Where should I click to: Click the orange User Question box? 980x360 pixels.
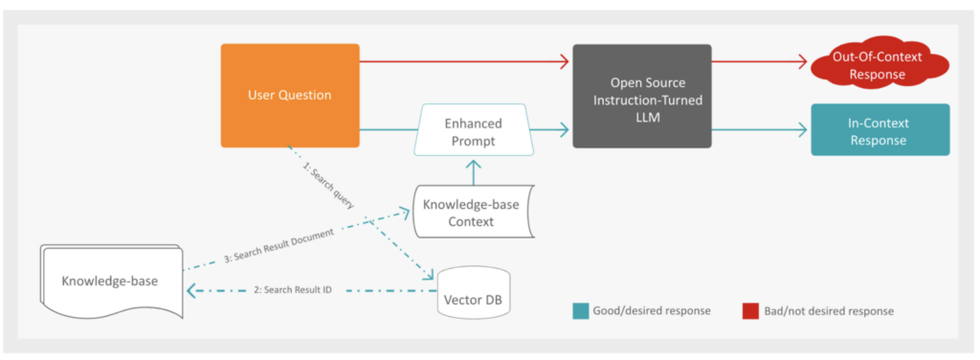point(290,95)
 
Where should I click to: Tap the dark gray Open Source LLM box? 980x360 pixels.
point(641,95)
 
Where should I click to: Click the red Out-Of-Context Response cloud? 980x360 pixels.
point(879,66)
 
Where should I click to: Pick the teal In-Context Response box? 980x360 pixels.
point(879,130)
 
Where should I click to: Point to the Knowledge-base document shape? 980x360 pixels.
point(111,281)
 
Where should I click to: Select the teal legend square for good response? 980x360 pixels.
point(580,310)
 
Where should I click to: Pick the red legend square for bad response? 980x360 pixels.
point(749,310)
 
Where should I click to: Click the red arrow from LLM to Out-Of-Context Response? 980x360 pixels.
point(761,62)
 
